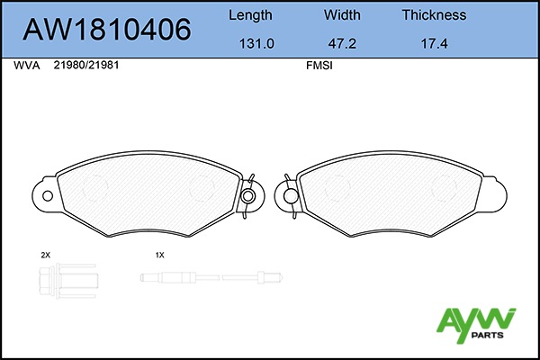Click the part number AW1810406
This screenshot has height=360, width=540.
tap(107, 30)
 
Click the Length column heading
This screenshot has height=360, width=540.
tap(250, 15)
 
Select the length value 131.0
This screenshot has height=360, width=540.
tap(256, 44)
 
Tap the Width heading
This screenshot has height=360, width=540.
tap(342, 14)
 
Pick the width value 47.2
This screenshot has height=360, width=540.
tap(342, 44)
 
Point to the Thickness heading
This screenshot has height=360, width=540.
tap(435, 14)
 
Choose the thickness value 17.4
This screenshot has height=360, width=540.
tap(435, 44)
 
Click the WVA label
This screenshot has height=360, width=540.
tap(26, 66)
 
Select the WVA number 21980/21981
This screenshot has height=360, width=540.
tap(86, 65)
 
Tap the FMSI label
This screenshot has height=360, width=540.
tap(319, 66)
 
